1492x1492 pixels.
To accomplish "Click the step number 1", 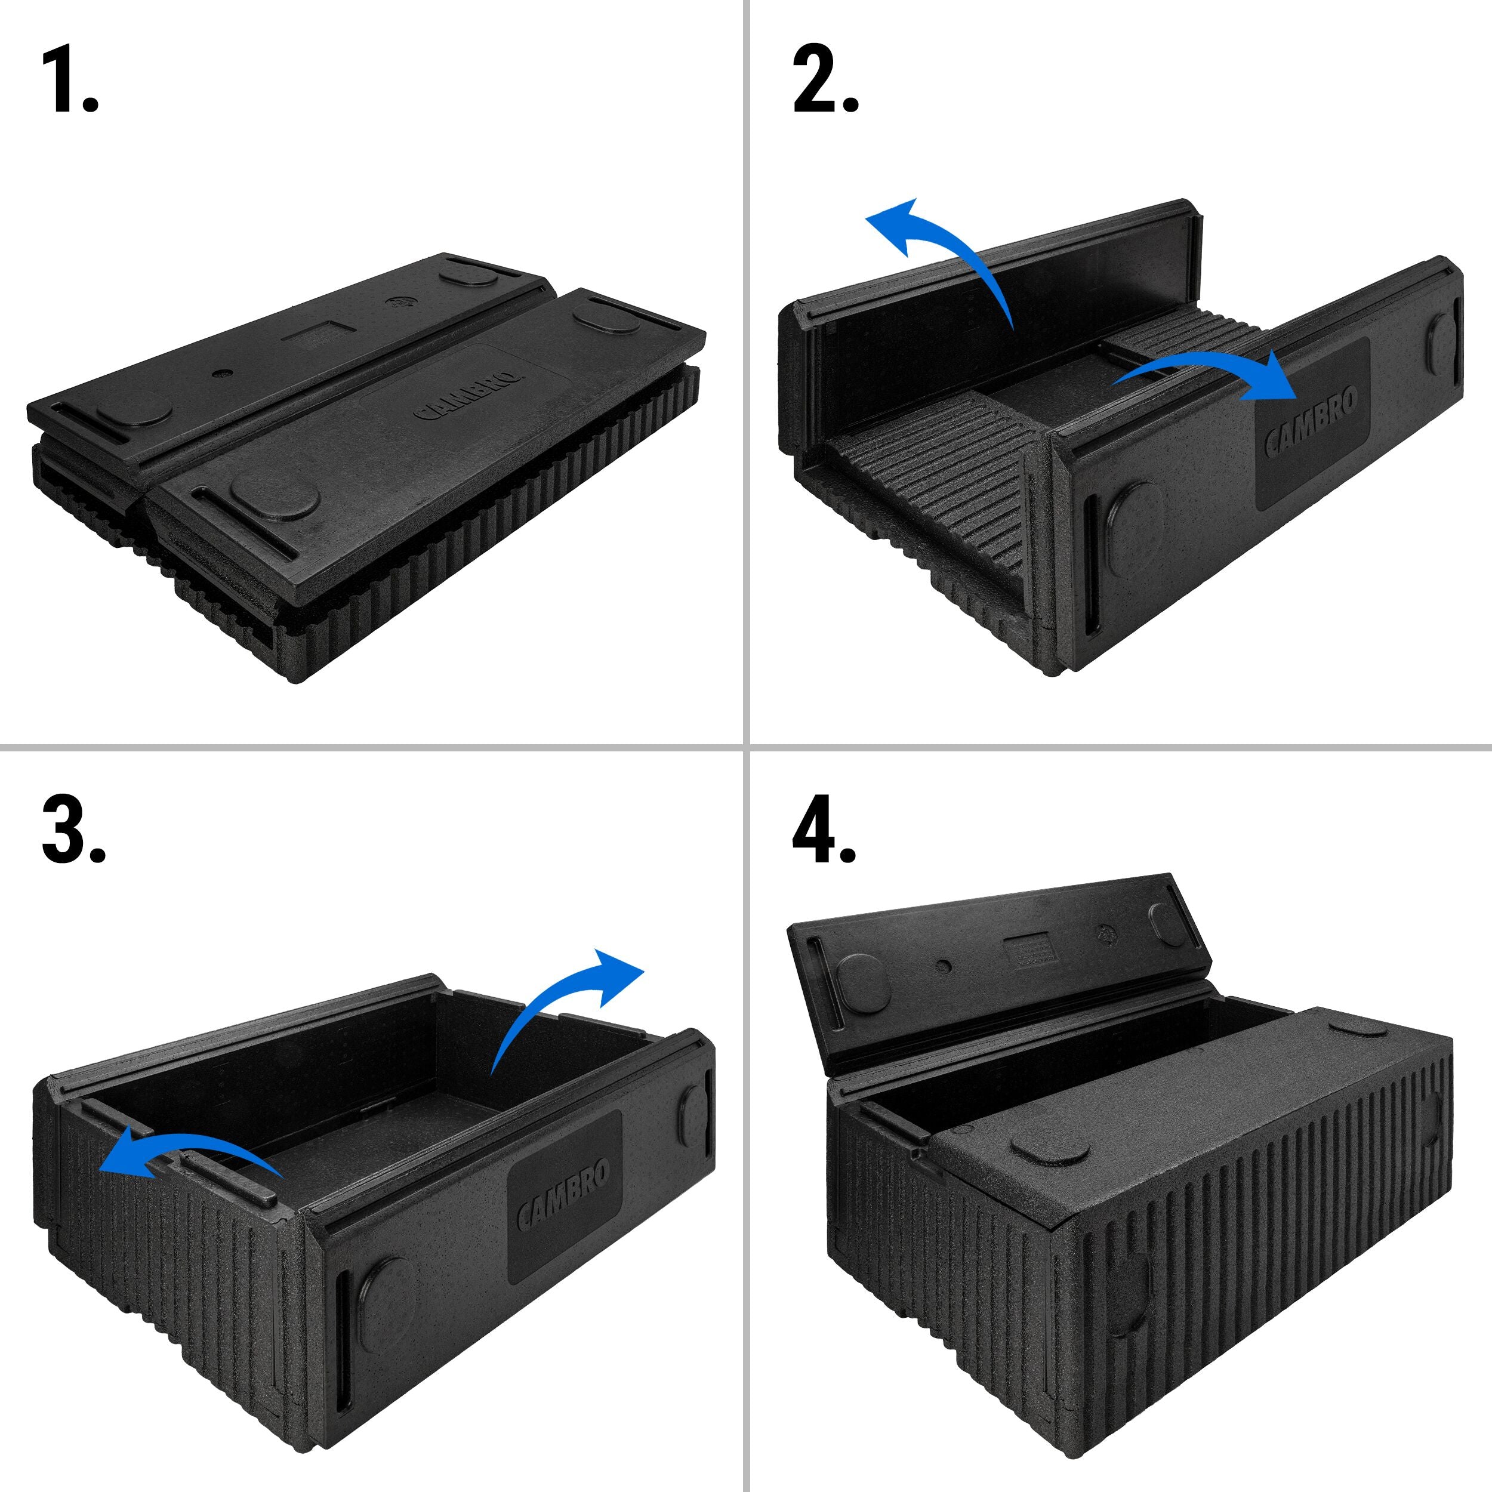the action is coord(69,79).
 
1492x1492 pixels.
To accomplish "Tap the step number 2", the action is coord(825,79).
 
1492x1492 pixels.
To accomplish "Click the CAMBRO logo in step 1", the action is coord(468,394).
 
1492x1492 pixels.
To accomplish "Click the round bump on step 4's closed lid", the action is coord(1051,1149).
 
